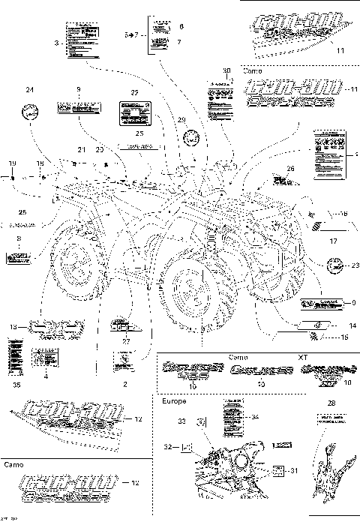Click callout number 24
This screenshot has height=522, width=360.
pyautogui.click(x=30, y=91)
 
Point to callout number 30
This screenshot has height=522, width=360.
pyautogui.click(x=227, y=70)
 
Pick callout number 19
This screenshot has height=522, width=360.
pyautogui.click(x=12, y=163)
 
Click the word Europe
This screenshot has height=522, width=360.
pyautogui.click(x=173, y=401)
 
